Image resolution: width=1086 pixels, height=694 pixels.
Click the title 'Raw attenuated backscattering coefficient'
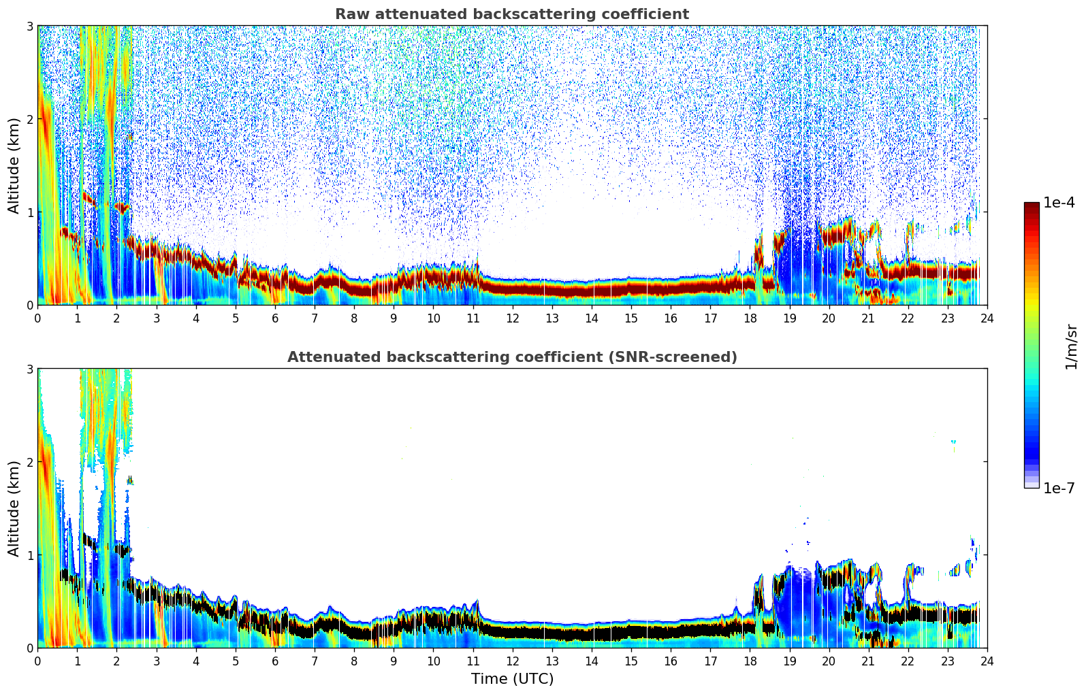[x=511, y=14]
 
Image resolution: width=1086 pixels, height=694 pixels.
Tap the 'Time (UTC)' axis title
[x=512, y=679]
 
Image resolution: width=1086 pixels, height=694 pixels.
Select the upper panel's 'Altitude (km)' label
[x=14, y=165]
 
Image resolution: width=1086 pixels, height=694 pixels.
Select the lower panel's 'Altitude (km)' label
[x=14, y=508]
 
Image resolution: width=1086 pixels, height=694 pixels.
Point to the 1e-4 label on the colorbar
[x=1059, y=203]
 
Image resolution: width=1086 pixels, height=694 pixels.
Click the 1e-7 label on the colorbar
[x=1059, y=488]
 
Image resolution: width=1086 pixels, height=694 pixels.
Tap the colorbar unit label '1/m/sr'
[x=1071, y=346]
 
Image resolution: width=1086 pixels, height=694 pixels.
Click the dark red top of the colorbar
[x=1031, y=206]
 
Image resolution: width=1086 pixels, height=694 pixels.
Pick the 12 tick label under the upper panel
[x=512, y=318]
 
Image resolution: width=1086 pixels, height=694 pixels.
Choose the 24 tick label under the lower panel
[x=987, y=661]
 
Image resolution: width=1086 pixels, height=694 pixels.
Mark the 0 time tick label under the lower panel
[x=37, y=661]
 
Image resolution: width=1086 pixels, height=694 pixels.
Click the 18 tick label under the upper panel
[x=750, y=318]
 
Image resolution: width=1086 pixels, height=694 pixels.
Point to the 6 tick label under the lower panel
[x=275, y=661]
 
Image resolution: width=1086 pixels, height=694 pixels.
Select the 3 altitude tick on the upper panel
[x=29, y=26]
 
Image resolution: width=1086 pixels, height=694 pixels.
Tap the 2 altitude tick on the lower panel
[x=29, y=462]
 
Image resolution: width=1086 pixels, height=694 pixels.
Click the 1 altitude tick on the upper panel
[x=29, y=212]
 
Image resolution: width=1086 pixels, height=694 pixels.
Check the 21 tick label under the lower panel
[x=868, y=661]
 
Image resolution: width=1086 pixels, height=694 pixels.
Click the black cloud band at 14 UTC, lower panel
[x=592, y=633]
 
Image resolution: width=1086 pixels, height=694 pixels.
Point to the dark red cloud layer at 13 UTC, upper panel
[x=552, y=289]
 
